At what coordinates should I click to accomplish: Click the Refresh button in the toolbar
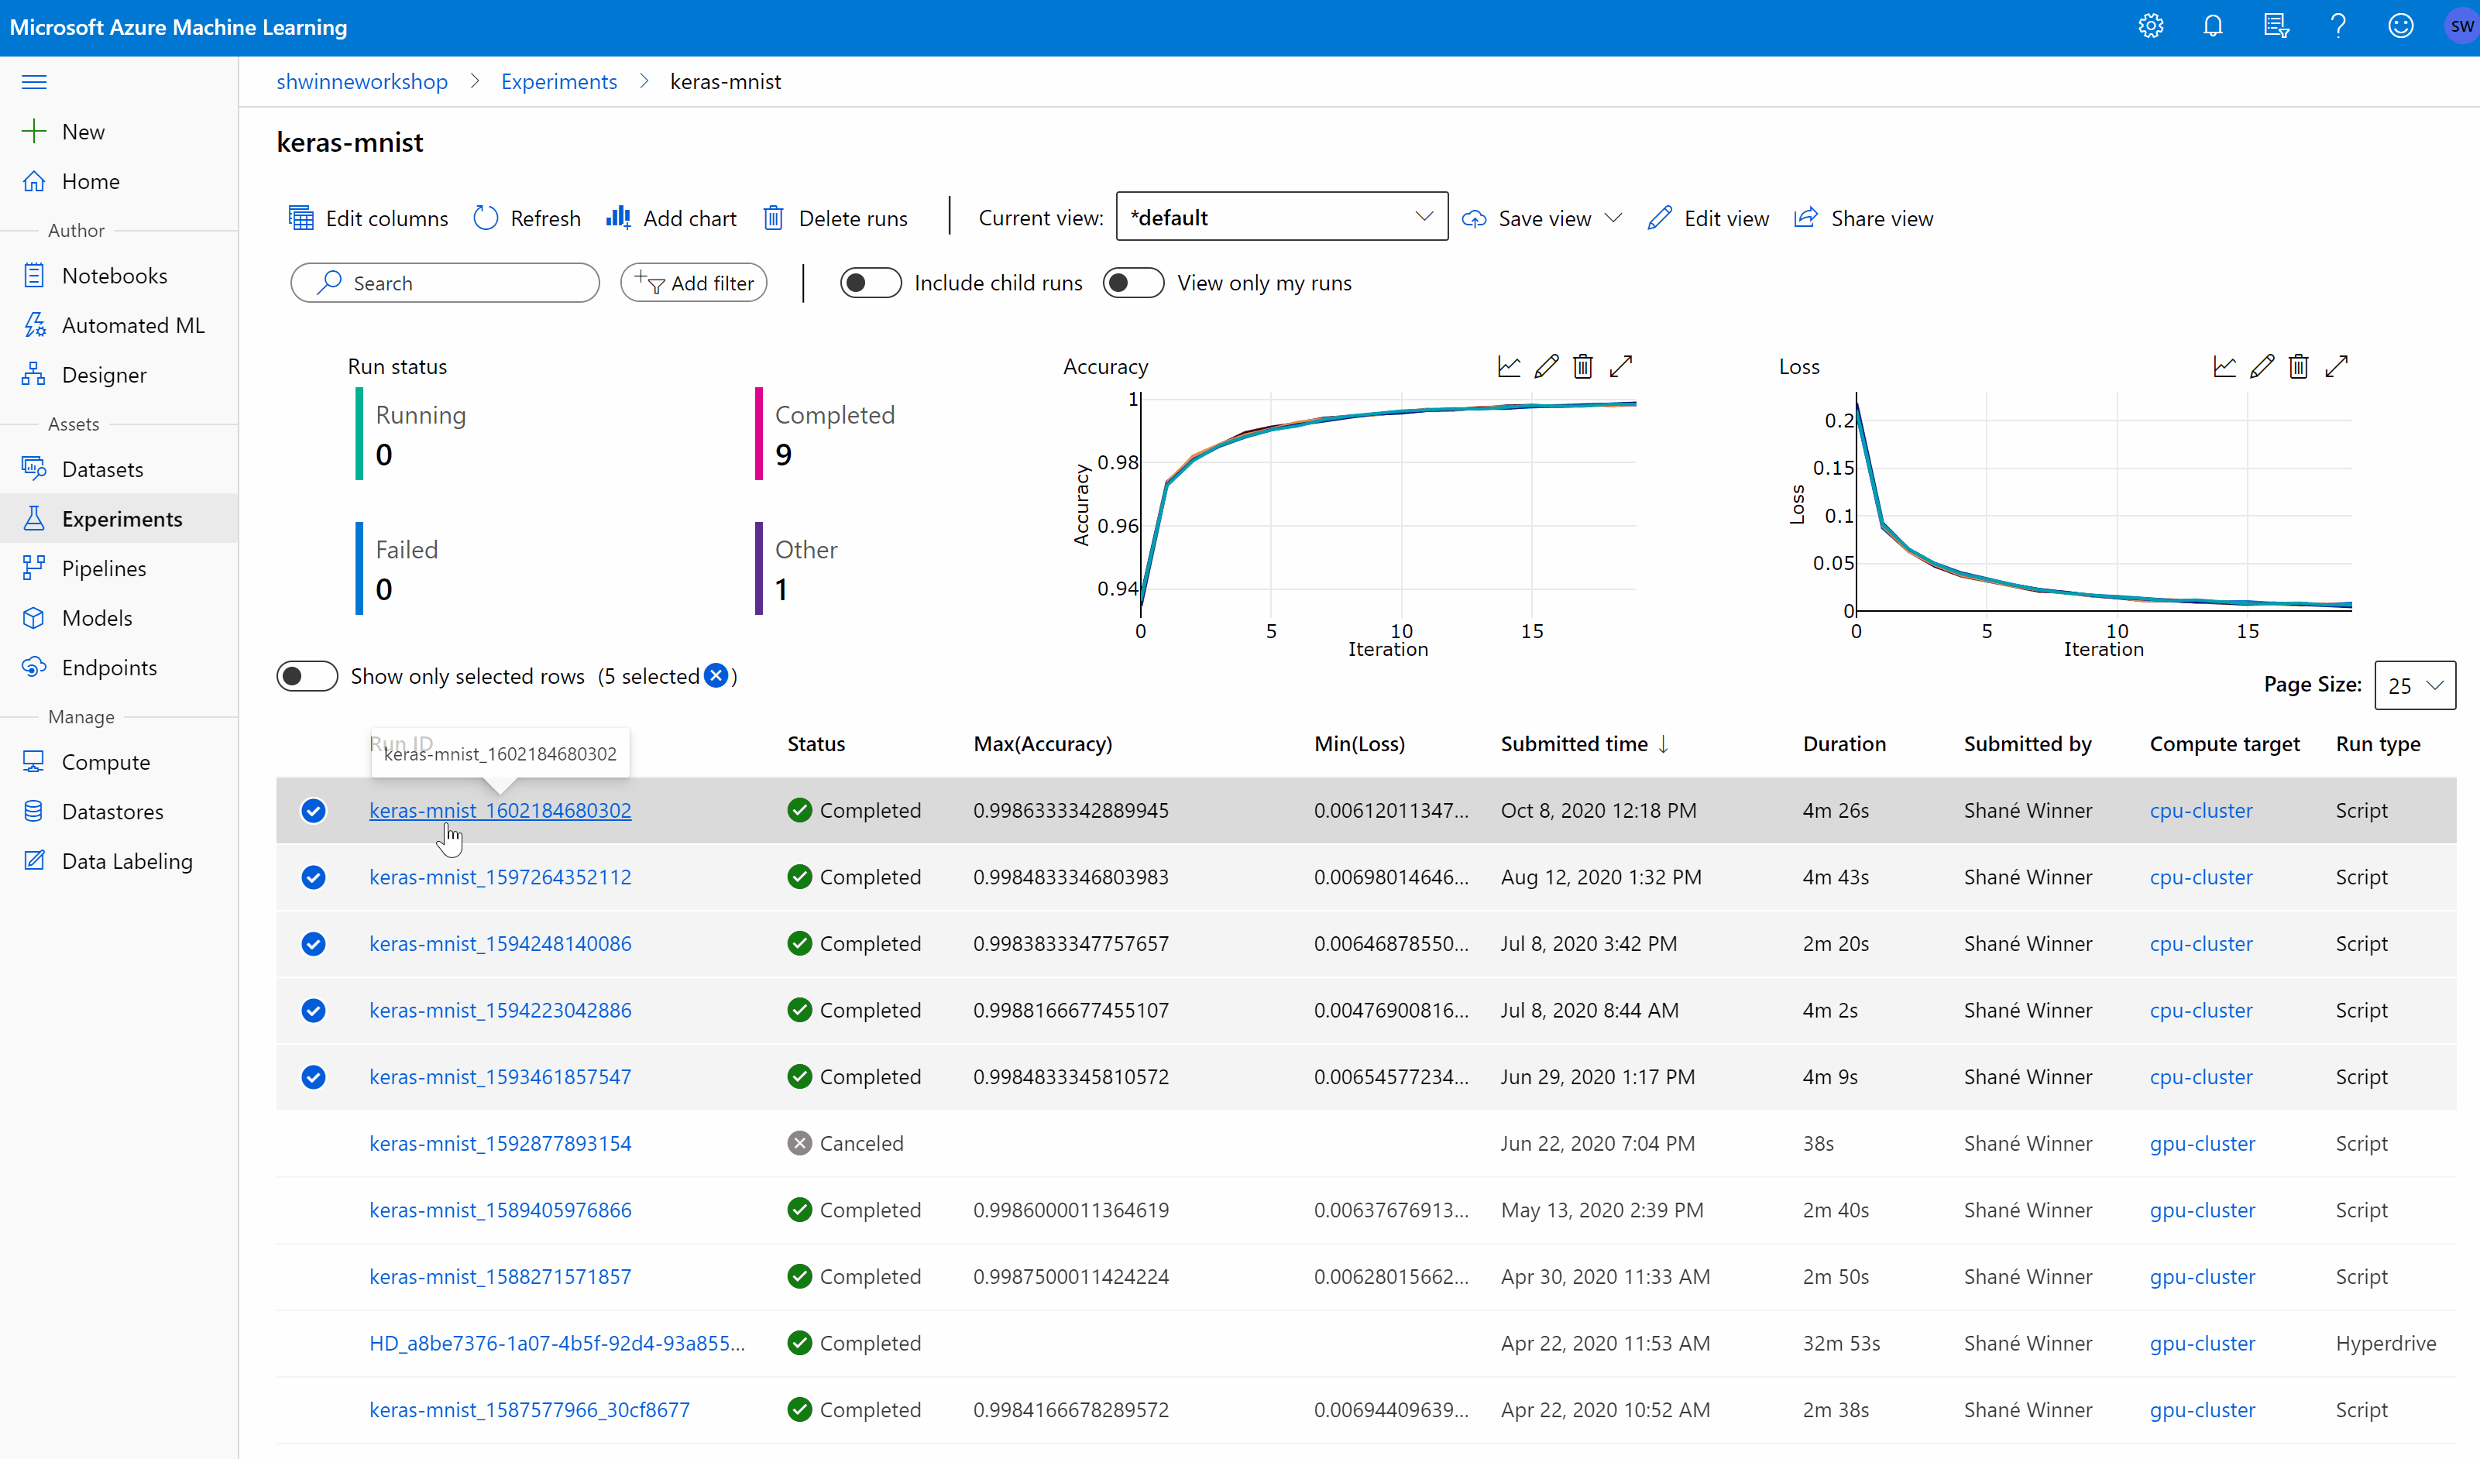pyautogui.click(x=527, y=218)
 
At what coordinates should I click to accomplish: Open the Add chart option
pyautogui.click(x=672, y=218)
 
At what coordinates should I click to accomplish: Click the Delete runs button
pyautogui.click(x=836, y=218)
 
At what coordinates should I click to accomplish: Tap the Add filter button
pyautogui.click(x=694, y=283)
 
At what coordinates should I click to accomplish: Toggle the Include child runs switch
pyautogui.click(x=870, y=283)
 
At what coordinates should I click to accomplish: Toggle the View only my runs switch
pyautogui.click(x=1133, y=283)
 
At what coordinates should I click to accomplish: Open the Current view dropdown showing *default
pyautogui.click(x=1281, y=218)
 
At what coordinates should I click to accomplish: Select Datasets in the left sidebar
pyautogui.click(x=102, y=469)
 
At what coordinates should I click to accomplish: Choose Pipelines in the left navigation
pyautogui.click(x=103, y=568)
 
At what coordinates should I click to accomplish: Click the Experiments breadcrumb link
pyautogui.click(x=559, y=81)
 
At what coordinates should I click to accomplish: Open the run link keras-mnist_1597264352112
pyautogui.click(x=500, y=877)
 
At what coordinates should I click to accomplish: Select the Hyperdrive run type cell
pyautogui.click(x=2386, y=1343)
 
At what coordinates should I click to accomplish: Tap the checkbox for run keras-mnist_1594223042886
pyautogui.click(x=314, y=1011)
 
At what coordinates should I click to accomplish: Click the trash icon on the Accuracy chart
pyautogui.click(x=1582, y=367)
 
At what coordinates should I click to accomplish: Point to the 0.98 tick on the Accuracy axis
pyautogui.click(x=1118, y=462)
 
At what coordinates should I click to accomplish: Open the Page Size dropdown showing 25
pyautogui.click(x=2414, y=685)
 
